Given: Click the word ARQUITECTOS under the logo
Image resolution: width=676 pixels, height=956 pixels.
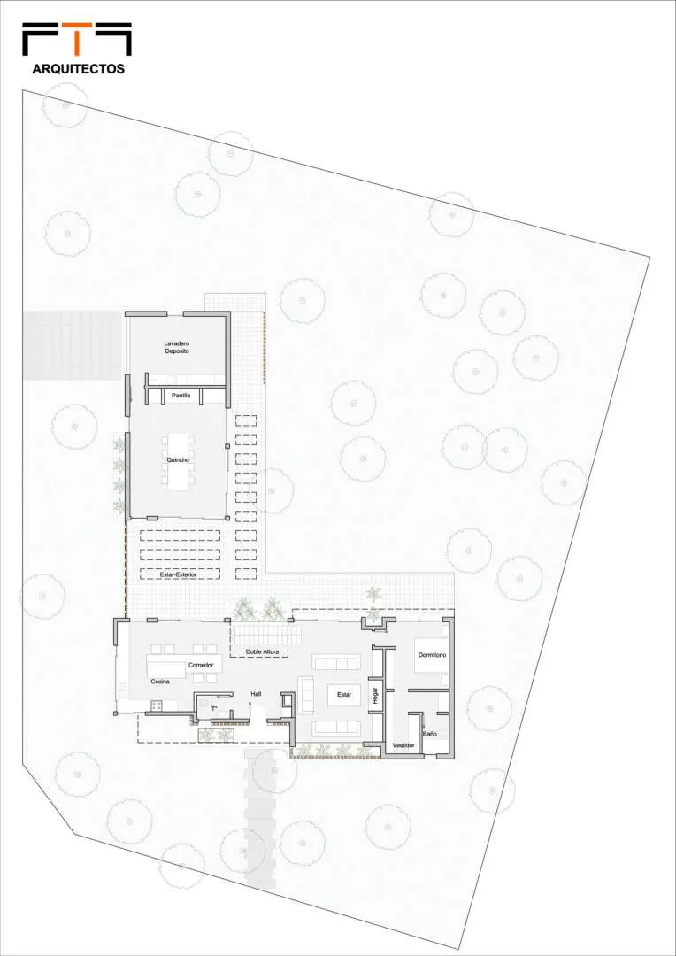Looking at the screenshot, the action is [79, 69].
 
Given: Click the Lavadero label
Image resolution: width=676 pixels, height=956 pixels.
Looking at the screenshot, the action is [177, 343].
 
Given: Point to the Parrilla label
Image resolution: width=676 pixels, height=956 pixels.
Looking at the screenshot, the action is [181, 396].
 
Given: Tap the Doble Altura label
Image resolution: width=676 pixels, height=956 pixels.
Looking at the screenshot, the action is [262, 651].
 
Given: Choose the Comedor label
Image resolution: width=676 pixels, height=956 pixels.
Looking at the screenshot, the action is [201, 664].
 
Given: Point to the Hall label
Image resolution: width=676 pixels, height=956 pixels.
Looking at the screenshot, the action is [257, 694].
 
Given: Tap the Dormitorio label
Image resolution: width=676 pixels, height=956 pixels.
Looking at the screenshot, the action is [432, 655].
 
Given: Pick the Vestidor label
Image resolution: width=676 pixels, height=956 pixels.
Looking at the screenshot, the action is [403, 745].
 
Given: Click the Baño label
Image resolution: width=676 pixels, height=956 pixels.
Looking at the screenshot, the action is [429, 734].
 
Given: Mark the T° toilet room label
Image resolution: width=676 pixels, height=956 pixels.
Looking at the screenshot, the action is [214, 708].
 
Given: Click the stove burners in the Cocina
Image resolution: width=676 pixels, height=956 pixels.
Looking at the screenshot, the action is [156, 706].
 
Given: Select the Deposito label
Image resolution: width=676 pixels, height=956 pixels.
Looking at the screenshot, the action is [177, 352].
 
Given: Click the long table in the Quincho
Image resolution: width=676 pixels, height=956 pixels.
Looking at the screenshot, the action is [177, 460].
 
